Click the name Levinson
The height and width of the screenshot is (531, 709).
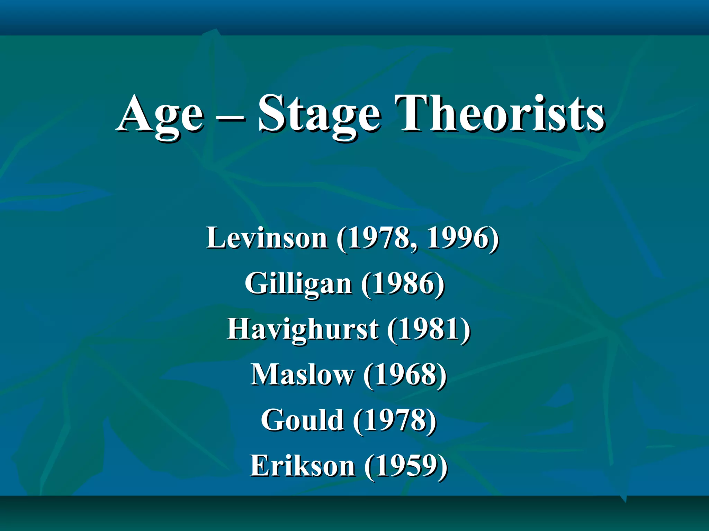pos(267,238)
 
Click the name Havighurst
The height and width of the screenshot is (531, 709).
pos(303,329)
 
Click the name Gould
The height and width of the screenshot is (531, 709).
pos(303,420)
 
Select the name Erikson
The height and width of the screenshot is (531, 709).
pos(303,465)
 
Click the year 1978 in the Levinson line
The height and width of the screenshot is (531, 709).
pos(377,238)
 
